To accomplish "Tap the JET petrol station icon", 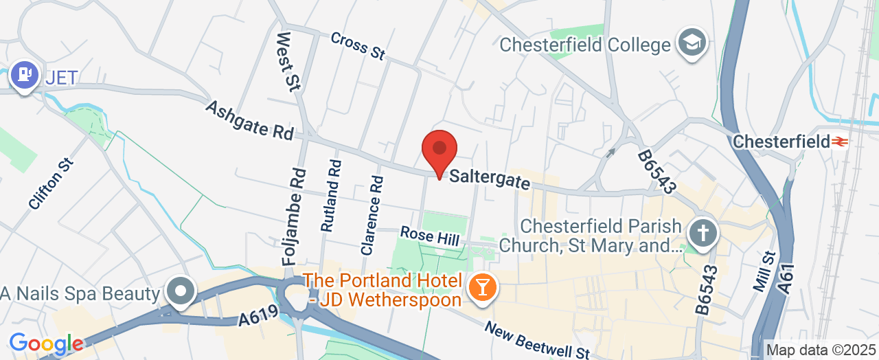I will [25, 76].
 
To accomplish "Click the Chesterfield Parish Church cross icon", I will [703, 233].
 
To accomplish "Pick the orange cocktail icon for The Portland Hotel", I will [482, 287].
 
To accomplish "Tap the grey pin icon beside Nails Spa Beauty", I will [181, 291].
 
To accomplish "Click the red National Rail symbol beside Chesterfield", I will [839, 142].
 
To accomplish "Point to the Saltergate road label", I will [490, 181].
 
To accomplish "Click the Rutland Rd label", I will [330, 196].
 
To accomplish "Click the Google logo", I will [46, 344].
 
